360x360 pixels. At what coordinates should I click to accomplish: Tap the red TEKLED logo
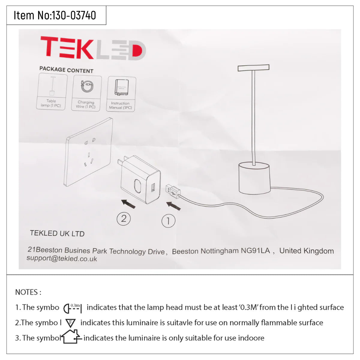(93, 48)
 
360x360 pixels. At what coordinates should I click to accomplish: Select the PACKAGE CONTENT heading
(66, 70)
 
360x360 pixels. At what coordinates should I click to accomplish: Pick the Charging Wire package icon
(86, 93)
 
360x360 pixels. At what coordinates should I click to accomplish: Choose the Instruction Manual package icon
(121, 94)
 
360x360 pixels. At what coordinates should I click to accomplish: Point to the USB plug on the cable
(172, 191)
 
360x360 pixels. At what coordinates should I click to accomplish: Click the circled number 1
(168, 221)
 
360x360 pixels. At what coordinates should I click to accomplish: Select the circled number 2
(124, 219)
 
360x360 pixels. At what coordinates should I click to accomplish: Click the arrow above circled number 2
(128, 204)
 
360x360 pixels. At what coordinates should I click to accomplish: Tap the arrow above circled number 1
(173, 206)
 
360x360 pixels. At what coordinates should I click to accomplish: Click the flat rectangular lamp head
(253, 68)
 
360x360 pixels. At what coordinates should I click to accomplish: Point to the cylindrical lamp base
(254, 178)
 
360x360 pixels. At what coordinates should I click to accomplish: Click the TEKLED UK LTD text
(57, 233)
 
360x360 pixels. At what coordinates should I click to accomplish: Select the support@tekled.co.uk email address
(62, 259)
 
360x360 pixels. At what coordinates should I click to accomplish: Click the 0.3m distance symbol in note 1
(73, 307)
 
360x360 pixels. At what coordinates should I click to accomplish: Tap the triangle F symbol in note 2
(70, 323)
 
